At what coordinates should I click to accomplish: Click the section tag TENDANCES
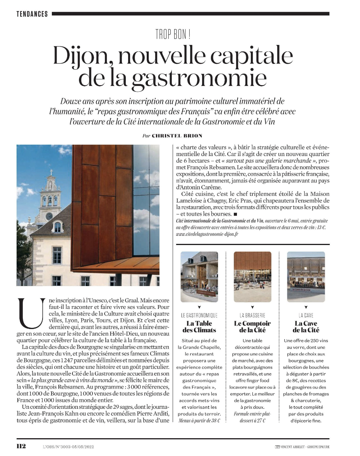(x=32, y=14)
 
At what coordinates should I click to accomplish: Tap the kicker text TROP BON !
(x=173, y=35)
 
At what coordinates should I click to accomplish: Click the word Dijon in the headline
(x=82, y=56)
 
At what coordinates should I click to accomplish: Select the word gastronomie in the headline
(x=200, y=77)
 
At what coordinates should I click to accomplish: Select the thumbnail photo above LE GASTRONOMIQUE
(x=199, y=277)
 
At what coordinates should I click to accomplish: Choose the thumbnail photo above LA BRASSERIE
(x=253, y=277)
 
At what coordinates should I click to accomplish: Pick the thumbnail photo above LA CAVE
(x=306, y=277)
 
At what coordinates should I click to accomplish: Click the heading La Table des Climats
(x=199, y=327)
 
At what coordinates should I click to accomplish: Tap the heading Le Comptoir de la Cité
(x=252, y=327)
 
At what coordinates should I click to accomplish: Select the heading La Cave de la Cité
(x=306, y=327)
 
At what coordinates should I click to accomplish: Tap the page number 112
(x=21, y=446)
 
